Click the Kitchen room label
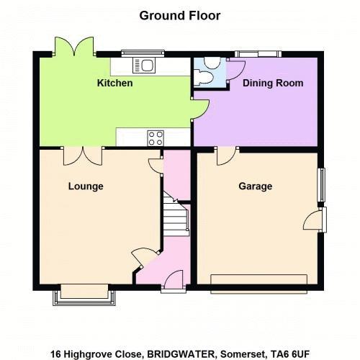[x=114, y=83]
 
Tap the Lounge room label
[x=86, y=186]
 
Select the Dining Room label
[x=273, y=84]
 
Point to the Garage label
[x=256, y=186]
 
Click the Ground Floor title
[x=180, y=16]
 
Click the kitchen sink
[x=144, y=66]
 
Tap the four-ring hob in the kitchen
[x=156, y=138]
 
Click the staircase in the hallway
[x=176, y=214]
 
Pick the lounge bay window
[x=84, y=294]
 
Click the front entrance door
[x=174, y=282]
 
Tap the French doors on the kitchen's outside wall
[x=74, y=46]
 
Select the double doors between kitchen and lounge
[x=83, y=156]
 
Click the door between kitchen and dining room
[x=199, y=109]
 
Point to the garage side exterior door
[x=315, y=220]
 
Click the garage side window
[x=321, y=184]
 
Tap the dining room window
[x=258, y=54]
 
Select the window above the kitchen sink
[x=143, y=53]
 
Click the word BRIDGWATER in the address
[x=181, y=354]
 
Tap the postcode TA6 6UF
[x=290, y=354]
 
